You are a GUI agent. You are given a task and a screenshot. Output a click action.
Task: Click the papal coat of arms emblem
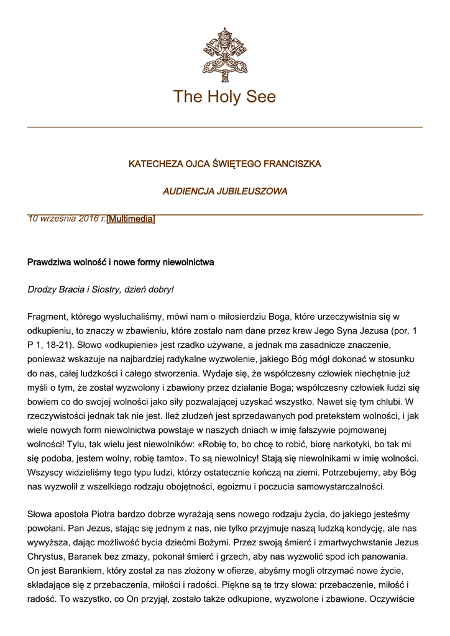pos(224,55)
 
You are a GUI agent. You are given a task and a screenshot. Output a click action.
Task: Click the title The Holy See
pos(224,96)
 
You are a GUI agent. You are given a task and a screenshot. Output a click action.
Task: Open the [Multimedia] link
pos(131,219)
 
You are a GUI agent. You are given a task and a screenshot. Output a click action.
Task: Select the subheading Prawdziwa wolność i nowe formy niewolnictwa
pos(121,262)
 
